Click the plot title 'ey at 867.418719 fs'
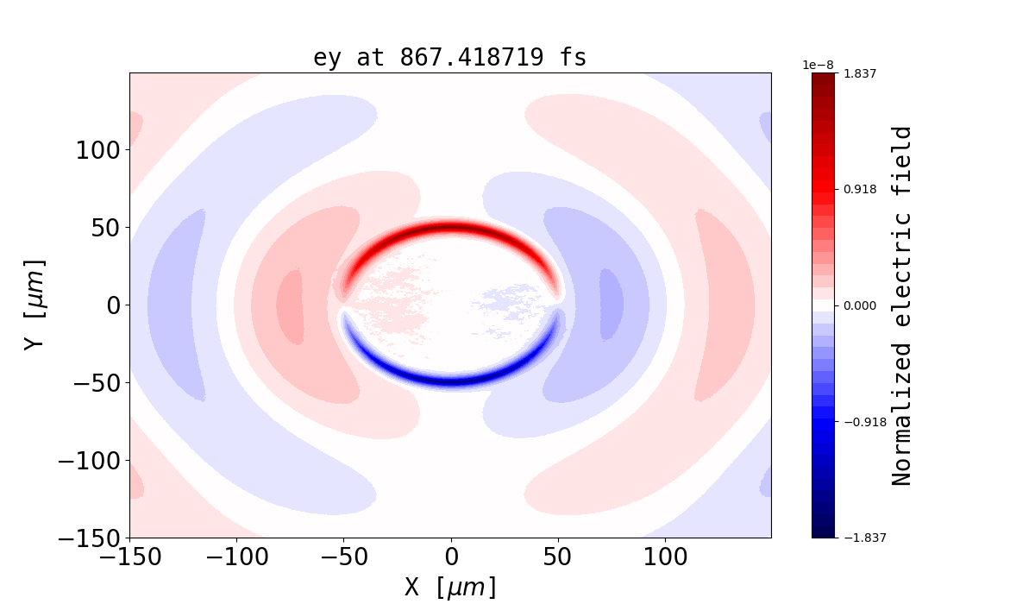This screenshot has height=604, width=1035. coord(449,58)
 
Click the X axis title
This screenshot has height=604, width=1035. coord(450,588)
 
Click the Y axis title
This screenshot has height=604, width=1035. coord(34,305)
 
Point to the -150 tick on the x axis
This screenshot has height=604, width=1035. coord(129,557)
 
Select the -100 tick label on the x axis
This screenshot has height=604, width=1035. coord(236,557)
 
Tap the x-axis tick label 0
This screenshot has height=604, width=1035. coord(451,557)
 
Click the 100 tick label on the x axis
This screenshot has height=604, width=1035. coord(665,557)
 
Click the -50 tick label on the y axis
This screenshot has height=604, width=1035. coord(90,383)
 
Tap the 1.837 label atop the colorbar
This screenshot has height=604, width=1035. coord(859,73)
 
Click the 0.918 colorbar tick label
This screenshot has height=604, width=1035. coord(859,189)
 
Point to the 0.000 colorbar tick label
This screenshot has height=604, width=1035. coord(859,305)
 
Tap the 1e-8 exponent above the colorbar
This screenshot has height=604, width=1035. coord(818,65)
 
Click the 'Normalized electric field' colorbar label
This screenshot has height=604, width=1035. coord(902,305)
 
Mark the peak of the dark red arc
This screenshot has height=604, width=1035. coord(450,229)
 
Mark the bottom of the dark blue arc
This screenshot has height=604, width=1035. coord(450,381)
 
